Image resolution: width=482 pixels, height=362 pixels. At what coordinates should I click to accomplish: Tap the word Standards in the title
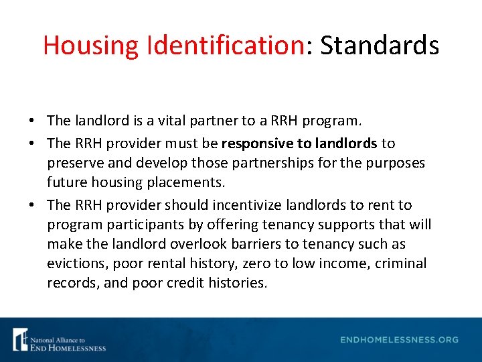(x=380, y=46)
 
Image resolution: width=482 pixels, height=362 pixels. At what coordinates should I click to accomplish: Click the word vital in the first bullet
(x=175, y=121)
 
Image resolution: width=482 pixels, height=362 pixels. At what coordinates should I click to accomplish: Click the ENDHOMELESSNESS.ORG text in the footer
(x=399, y=340)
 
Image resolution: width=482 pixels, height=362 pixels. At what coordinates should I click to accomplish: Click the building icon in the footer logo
(x=21, y=339)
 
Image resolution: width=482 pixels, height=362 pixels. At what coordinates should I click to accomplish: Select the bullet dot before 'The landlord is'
(x=33, y=121)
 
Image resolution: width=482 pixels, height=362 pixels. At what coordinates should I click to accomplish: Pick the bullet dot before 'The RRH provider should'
(x=33, y=205)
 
